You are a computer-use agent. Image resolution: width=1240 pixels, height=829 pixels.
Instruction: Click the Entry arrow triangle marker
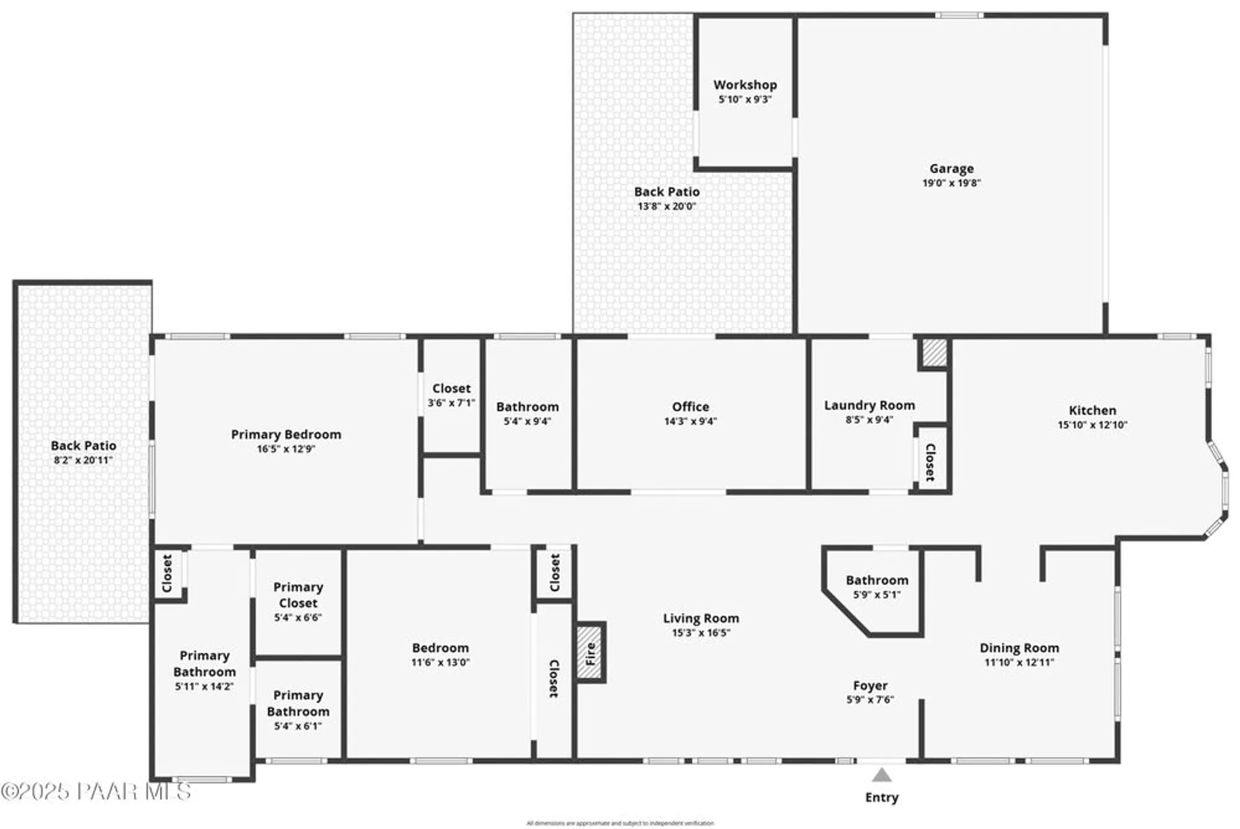[882, 775]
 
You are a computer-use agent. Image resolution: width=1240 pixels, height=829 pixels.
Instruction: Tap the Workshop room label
[745, 85]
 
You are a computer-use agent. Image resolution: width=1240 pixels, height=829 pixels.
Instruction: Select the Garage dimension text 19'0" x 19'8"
[951, 183]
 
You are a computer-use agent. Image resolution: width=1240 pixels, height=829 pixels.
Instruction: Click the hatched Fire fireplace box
[590, 653]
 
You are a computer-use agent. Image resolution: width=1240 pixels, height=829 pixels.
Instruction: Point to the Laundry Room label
[869, 405]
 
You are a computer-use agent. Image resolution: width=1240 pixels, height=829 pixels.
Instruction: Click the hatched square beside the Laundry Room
[934, 353]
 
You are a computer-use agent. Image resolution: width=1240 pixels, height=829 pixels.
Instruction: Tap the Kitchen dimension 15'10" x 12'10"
[1092, 425]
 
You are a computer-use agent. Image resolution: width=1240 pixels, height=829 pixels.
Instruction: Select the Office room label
[690, 406]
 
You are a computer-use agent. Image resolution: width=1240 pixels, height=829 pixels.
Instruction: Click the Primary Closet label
[298, 594]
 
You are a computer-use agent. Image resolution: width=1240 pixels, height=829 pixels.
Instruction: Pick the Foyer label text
[870, 685]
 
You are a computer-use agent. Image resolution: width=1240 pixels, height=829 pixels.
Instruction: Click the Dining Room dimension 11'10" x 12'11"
[1019, 662]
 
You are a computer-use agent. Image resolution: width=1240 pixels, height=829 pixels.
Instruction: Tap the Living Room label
[701, 618]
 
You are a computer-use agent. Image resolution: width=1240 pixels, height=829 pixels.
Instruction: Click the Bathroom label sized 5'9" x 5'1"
[877, 580]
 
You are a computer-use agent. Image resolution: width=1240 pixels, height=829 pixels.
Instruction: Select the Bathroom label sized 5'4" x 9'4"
[527, 406]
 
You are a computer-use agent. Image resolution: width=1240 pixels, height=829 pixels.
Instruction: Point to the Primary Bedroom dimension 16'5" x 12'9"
[286, 449]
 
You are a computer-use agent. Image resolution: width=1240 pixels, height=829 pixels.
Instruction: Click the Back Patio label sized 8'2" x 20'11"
[83, 446]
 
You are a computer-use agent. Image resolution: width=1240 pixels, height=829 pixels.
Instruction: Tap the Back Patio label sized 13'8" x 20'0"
[666, 192]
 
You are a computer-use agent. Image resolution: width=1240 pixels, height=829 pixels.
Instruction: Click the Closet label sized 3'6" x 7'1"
[451, 388]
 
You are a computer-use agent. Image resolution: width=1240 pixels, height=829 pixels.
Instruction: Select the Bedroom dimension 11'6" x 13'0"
[440, 662]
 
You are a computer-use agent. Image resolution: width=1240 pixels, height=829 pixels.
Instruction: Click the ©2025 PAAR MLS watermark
[96, 791]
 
